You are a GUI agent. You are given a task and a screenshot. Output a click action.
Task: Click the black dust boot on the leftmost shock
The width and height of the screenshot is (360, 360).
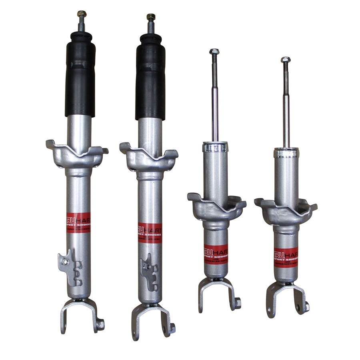tap(80, 76)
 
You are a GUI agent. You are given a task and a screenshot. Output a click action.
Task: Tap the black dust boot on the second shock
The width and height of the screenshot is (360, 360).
tap(150, 78)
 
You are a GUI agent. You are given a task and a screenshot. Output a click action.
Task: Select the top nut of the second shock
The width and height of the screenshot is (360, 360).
tap(151, 17)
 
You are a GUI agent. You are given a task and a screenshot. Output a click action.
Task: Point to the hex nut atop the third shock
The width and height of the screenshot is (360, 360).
tap(214, 52)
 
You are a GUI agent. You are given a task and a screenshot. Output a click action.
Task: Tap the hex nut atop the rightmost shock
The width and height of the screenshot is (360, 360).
tap(285, 60)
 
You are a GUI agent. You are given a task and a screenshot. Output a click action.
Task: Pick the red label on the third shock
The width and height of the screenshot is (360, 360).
tap(216, 254)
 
